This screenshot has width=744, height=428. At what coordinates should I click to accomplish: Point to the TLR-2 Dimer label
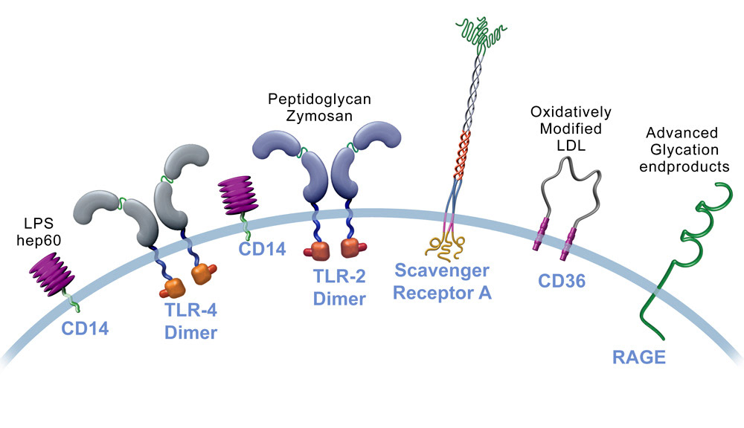click(x=339, y=288)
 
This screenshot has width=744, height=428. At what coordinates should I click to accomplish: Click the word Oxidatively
click(x=571, y=112)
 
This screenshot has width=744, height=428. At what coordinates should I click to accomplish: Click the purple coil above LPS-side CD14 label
click(x=52, y=271)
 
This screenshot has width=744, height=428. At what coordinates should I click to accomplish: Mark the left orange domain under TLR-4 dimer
click(x=172, y=285)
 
